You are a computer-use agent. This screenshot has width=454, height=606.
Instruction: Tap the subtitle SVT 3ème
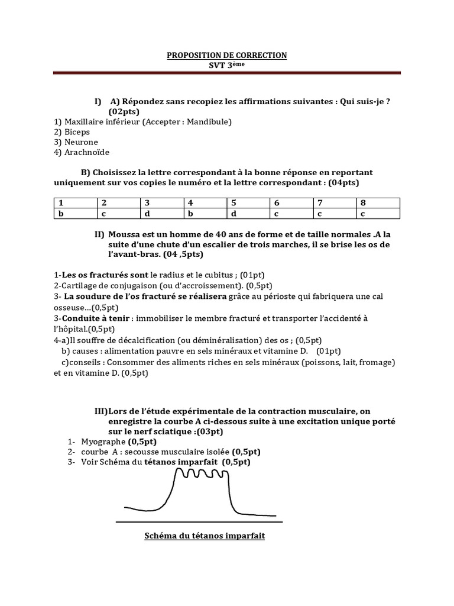point(226,65)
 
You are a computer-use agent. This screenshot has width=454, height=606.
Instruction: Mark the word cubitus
point(220,275)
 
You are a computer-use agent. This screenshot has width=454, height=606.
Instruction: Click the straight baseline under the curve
point(199,522)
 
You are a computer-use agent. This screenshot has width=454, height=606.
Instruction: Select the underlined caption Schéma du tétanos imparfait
point(205,536)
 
